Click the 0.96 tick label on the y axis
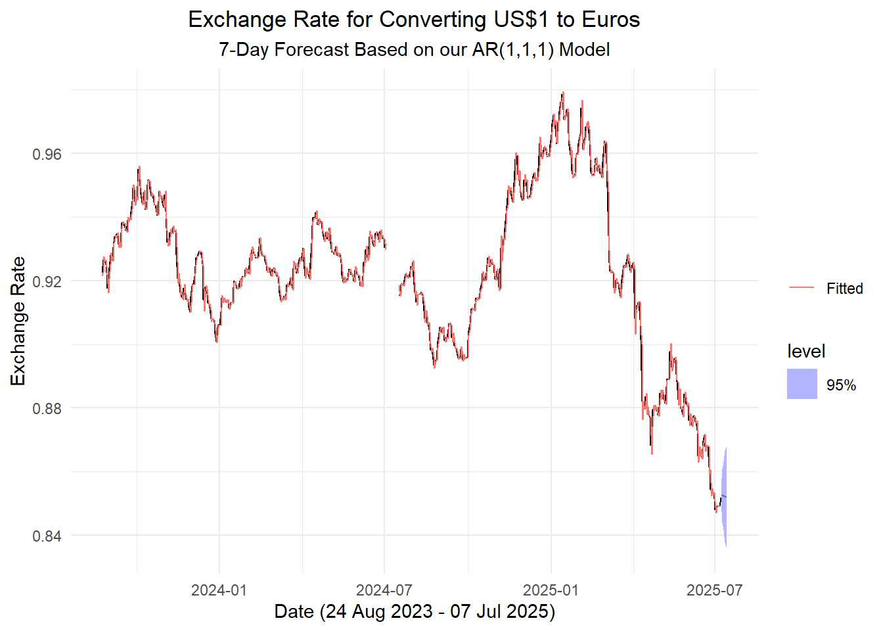(47, 154)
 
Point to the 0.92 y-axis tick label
(47, 281)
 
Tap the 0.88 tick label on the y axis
(47, 408)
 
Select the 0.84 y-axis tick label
(47, 536)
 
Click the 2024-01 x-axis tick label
(219, 590)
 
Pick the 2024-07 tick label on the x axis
(384, 590)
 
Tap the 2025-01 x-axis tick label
(551, 590)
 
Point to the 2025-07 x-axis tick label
(714, 590)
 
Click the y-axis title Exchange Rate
(18, 321)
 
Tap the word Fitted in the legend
(844, 289)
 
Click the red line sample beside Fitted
(802, 288)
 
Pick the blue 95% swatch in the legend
(802, 384)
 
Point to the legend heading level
(805, 352)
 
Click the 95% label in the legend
(841, 385)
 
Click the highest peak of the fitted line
(563, 93)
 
